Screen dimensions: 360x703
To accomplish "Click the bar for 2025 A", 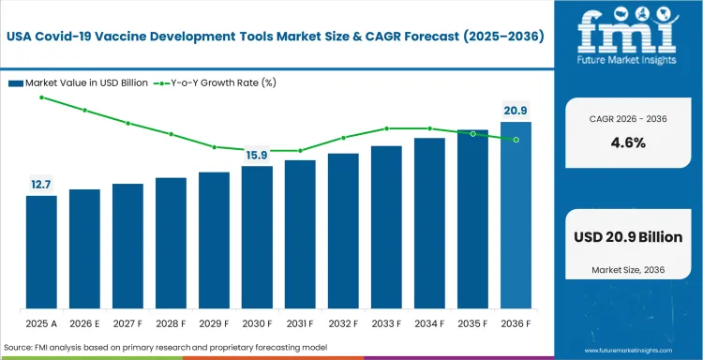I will [x=41, y=250].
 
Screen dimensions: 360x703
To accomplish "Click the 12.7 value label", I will [x=41, y=185].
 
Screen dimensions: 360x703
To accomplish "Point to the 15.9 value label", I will [x=257, y=155].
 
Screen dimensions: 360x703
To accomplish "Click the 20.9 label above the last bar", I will [x=516, y=111].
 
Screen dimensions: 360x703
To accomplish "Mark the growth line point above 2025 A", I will [x=41, y=97].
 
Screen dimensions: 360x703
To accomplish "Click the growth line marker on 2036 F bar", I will [x=516, y=140].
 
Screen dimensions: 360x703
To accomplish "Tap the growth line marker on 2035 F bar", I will [x=472, y=134].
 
